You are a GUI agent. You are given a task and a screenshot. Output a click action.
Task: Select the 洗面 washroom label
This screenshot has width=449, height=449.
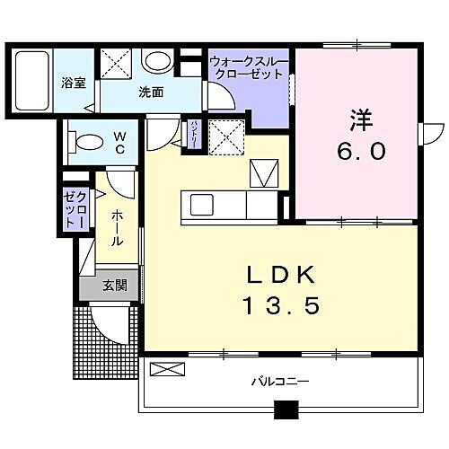150,92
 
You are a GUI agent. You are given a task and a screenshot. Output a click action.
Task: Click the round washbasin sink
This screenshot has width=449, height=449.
158,61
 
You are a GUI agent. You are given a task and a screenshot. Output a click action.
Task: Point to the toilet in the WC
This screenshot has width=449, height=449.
87,142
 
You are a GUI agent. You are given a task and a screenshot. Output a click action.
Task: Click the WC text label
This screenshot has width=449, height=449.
120,144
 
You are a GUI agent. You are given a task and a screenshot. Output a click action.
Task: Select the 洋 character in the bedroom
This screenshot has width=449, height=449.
361,119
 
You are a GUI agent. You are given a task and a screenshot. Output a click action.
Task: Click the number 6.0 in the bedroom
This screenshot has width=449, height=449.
361,152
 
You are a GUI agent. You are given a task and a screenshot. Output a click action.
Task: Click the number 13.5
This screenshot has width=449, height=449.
281,308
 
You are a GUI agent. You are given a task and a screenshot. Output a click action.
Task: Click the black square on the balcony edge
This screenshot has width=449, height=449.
286,412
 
